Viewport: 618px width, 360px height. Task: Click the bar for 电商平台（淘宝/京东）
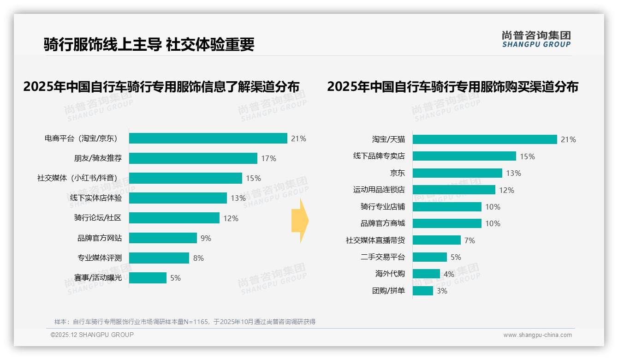click(x=208, y=138)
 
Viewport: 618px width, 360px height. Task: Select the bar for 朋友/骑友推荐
click(x=193, y=158)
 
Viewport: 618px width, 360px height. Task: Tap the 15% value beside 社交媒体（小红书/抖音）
click(x=253, y=178)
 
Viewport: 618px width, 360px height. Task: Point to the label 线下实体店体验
click(x=96, y=198)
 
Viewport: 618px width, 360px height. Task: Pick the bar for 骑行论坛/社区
click(x=174, y=218)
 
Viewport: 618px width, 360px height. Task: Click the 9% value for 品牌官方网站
click(x=206, y=238)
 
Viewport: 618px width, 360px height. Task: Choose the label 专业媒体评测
click(x=100, y=258)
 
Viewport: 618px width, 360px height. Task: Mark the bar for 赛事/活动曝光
click(x=148, y=278)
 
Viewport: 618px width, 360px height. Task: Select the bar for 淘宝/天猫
click(x=485, y=139)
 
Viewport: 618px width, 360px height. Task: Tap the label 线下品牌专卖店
click(x=379, y=156)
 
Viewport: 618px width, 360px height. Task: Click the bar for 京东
click(x=457, y=173)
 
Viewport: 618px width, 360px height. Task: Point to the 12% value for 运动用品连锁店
click(x=506, y=190)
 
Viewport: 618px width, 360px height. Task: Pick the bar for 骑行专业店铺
click(x=447, y=207)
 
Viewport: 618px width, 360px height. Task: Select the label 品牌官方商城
click(x=382, y=223)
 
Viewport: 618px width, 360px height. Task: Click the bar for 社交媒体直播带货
click(x=436, y=240)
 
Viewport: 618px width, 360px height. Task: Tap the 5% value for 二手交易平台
click(x=456, y=257)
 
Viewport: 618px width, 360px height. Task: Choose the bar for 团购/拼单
click(x=422, y=291)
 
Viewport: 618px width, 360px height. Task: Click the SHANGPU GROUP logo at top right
click(x=536, y=39)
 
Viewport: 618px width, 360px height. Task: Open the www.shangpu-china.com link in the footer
click(x=537, y=335)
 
